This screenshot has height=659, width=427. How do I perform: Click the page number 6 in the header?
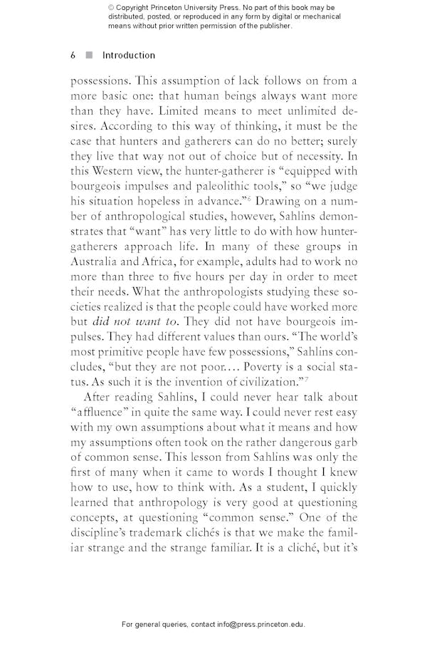tap(73, 56)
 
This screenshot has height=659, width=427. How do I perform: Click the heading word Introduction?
tap(129, 56)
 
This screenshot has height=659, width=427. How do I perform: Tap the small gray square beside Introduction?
tap(89, 56)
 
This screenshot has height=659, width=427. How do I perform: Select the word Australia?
tap(97, 261)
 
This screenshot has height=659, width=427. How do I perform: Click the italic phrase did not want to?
tap(135, 321)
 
